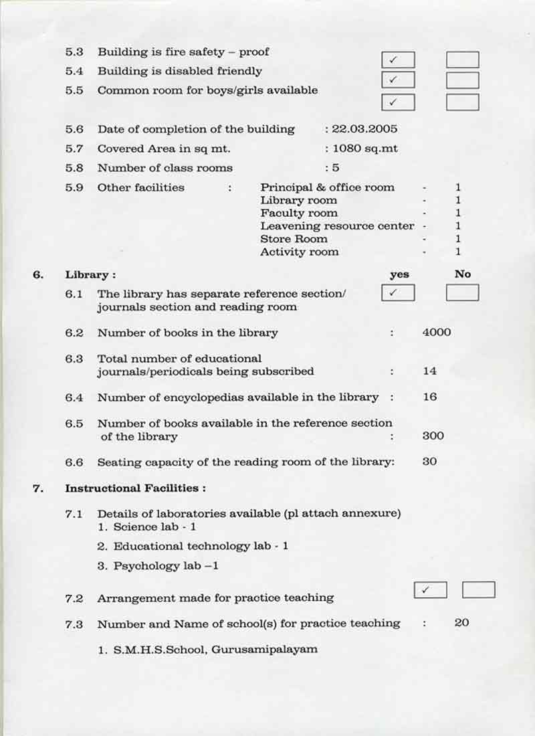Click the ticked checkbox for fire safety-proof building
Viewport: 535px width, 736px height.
pos(398,60)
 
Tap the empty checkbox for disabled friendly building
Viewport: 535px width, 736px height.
pos(462,81)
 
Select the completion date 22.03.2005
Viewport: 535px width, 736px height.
pos(364,129)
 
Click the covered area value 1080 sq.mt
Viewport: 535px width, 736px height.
pos(365,149)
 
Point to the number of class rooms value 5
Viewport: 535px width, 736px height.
pos(336,168)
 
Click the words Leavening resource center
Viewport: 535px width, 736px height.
pos(337,226)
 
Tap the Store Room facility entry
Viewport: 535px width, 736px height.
pos(294,239)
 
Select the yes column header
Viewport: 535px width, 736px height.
pos(399,274)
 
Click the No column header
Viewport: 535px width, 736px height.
pos(462,274)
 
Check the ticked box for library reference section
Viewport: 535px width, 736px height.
pos(398,293)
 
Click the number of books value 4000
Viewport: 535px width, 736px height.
pos(437,333)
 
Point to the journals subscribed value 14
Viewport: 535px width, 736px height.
pos(429,371)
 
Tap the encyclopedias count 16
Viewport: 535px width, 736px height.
pos(429,397)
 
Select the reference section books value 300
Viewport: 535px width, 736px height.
pos(433,436)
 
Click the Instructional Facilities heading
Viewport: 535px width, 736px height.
pos(134,488)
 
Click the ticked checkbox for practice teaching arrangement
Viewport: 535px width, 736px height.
pos(431,590)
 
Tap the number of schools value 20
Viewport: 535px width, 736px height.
pos(461,623)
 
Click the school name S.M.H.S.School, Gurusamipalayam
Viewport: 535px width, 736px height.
pos(207,649)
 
